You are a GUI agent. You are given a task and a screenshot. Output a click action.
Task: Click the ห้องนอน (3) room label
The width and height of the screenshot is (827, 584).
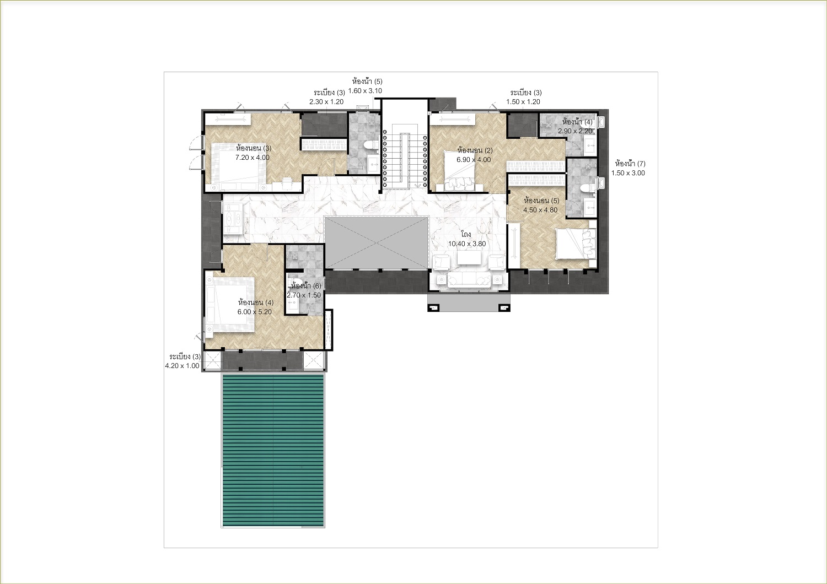coord(254,148)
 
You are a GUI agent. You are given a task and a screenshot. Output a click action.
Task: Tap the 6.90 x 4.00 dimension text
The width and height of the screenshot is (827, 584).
coord(474,160)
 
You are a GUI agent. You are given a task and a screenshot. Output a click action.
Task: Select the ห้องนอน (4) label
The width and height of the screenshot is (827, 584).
coord(256,302)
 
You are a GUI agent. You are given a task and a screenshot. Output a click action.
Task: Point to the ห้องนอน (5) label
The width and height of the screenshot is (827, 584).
coord(541,201)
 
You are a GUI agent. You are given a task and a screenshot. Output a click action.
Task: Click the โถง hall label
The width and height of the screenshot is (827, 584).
coord(466,234)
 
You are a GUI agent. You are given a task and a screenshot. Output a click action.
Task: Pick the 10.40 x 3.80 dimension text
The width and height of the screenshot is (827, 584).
coord(467,244)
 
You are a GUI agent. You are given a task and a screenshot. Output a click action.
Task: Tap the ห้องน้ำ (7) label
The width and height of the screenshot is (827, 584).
coord(630,164)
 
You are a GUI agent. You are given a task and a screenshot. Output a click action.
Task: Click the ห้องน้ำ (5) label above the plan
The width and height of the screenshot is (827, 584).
coord(367,81)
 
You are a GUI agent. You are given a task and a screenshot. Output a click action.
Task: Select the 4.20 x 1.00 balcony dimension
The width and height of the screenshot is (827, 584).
coord(182,366)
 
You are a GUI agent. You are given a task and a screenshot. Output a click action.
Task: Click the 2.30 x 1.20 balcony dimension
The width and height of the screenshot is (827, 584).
coord(326,102)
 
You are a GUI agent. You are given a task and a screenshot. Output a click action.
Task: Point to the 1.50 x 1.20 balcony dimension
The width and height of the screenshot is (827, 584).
coord(523,102)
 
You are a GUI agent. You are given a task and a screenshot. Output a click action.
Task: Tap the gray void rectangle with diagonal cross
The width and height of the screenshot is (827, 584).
coord(377,243)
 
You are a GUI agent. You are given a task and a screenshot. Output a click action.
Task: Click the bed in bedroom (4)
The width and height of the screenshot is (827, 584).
coord(230,305)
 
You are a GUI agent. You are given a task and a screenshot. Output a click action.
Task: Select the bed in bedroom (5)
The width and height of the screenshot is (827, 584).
coord(576,244)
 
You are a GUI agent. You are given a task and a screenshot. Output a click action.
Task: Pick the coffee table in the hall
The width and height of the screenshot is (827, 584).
coord(469,258)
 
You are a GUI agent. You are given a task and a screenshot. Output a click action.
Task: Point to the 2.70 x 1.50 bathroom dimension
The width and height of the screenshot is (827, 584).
coord(304,295)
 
